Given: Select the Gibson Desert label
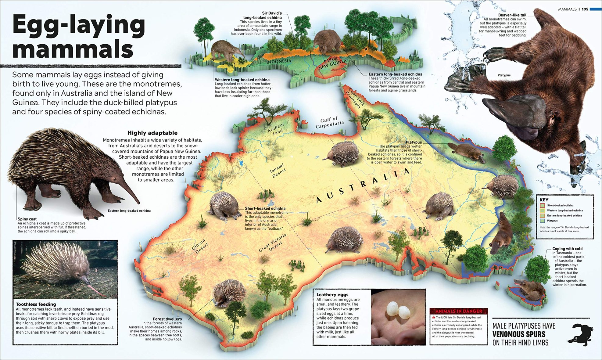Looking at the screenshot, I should pos(200,246).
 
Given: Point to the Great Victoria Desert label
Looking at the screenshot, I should pos(273,243).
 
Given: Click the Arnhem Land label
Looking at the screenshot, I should pos(276,129).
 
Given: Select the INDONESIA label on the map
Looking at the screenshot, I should pos(279,61).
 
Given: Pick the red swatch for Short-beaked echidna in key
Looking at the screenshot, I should pos(542,206).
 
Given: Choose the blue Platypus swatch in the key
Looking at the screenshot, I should pos(542,221).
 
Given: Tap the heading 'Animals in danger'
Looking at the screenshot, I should pos(458,311).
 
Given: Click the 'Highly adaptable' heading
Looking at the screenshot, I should pos(152,133).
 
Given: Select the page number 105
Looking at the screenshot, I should pos(585,9).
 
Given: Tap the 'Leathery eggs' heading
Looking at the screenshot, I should pos(332,294).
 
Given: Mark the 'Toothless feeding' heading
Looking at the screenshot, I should pos(36,304).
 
